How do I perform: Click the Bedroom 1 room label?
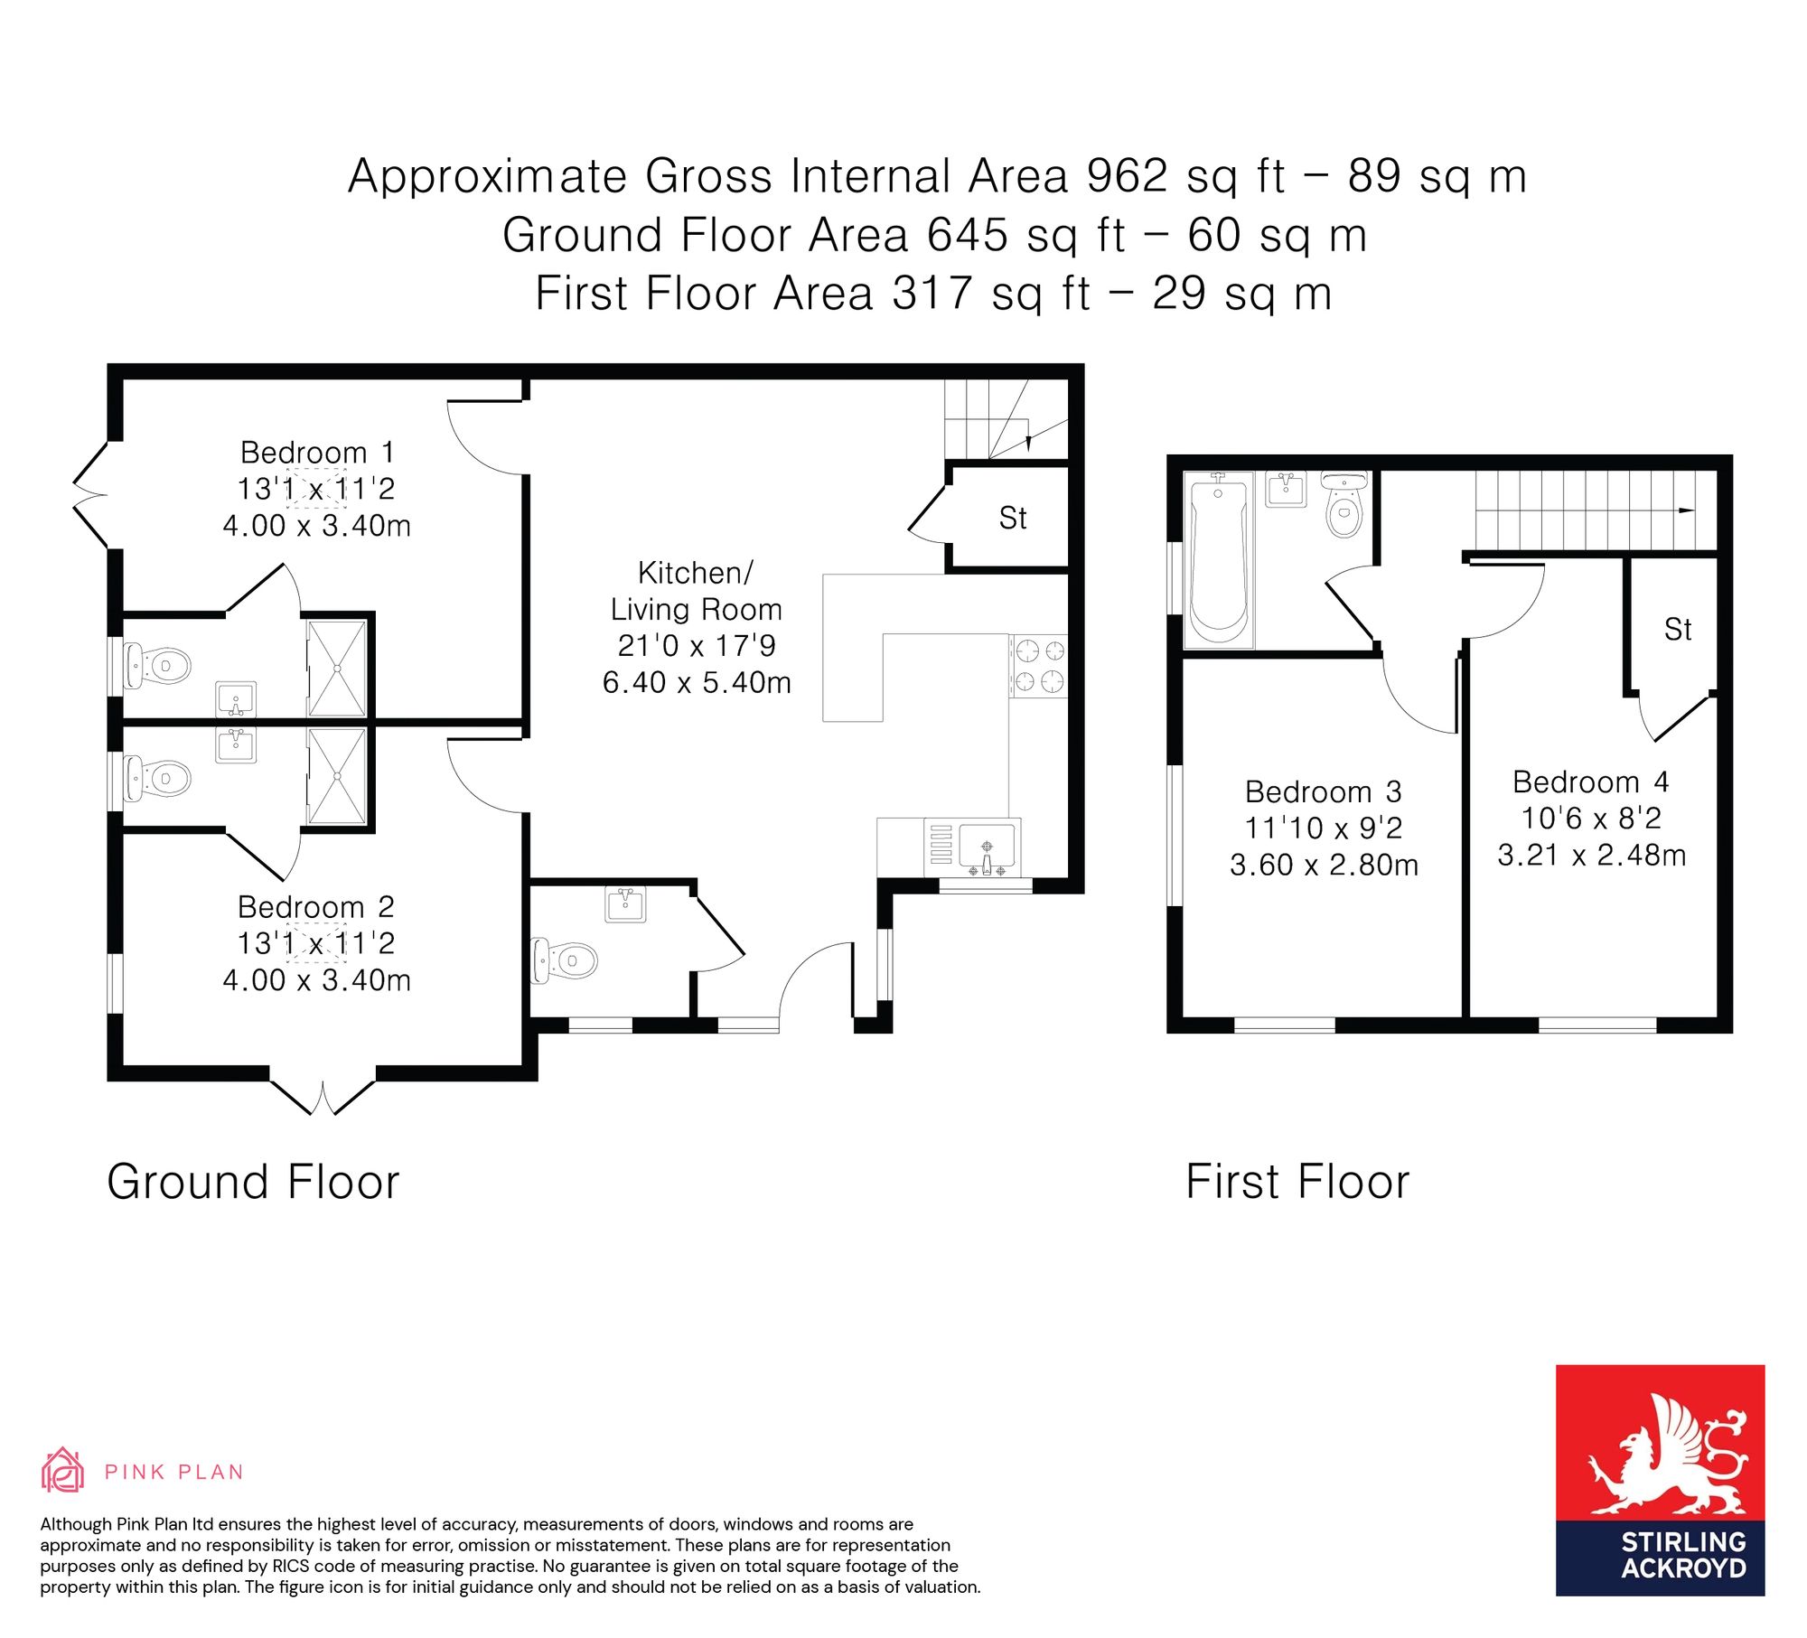(317, 452)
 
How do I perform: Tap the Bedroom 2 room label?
(316, 906)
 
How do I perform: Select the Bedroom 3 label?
(1324, 791)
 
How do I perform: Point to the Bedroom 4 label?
(1591, 782)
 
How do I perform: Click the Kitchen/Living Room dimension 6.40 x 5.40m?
(697, 682)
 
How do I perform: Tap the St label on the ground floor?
(1013, 518)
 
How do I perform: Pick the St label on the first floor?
(1678, 629)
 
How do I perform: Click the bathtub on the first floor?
(1219, 558)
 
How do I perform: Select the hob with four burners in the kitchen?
(1039, 666)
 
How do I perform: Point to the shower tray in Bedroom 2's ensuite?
(337, 777)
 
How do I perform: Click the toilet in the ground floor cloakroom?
(565, 959)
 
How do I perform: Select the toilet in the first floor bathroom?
(1345, 504)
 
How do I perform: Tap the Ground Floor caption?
(253, 1182)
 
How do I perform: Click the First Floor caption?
(1297, 1182)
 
